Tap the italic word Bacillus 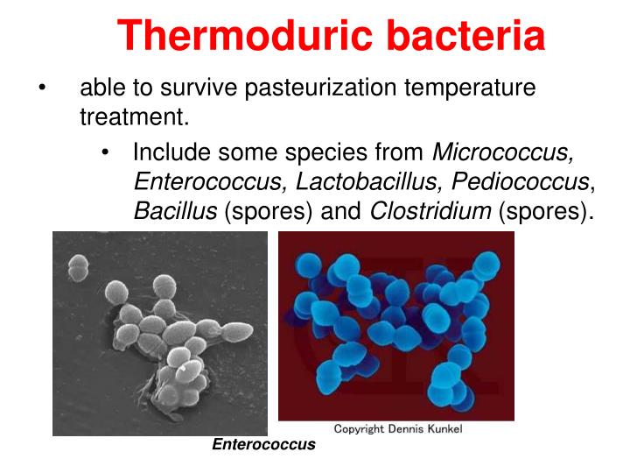tap(175, 211)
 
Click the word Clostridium tap(430, 211)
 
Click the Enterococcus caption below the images tap(263, 445)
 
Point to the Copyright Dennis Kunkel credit tap(398, 428)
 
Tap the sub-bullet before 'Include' tap(106, 153)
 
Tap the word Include tap(171, 152)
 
